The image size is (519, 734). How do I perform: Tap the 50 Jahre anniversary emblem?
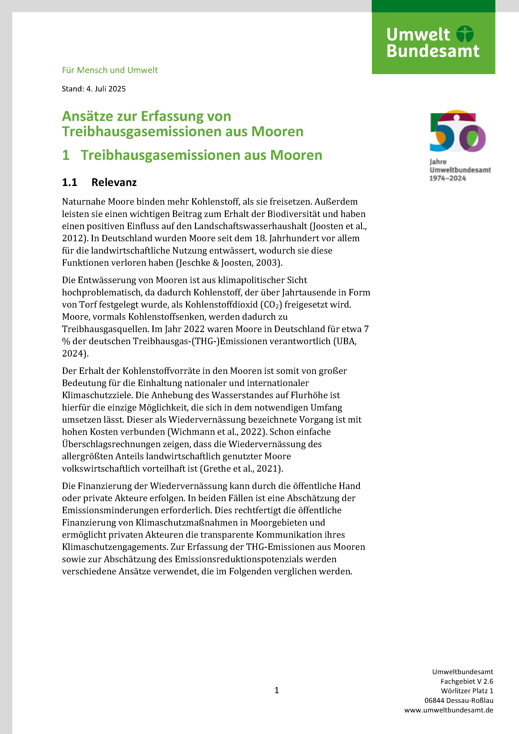click(x=458, y=131)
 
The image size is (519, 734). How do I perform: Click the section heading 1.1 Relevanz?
click(x=99, y=182)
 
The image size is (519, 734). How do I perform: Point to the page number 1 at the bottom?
click(x=277, y=690)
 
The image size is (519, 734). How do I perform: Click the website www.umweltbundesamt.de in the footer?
click(x=449, y=710)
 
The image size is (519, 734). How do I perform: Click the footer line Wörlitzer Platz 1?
click(x=467, y=691)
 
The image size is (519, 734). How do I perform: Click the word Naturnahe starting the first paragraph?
click(x=84, y=202)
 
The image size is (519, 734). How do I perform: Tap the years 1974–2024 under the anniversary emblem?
click(x=447, y=178)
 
